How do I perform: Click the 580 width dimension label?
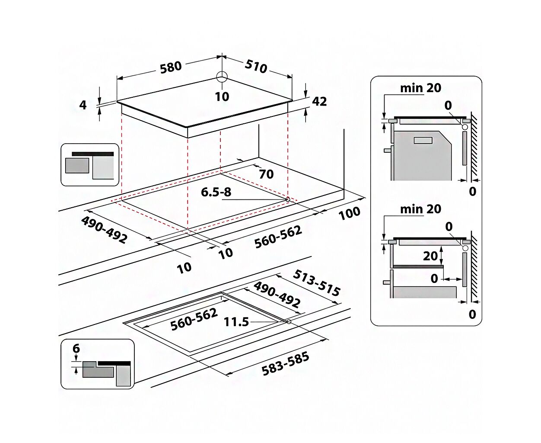pyautogui.click(x=171, y=67)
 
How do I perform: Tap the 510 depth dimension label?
pyautogui.click(x=256, y=67)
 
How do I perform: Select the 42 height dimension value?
pyautogui.click(x=319, y=101)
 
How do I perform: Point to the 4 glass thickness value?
pyautogui.click(x=83, y=105)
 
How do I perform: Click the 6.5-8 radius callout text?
pyautogui.click(x=216, y=192)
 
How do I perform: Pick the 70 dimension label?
pyautogui.click(x=266, y=174)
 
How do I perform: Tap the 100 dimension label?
pyautogui.click(x=350, y=213)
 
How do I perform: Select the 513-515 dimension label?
pyautogui.click(x=317, y=283)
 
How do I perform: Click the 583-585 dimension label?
pyautogui.click(x=285, y=364)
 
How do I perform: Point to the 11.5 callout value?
pyautogui.click(x=236, y=322)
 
